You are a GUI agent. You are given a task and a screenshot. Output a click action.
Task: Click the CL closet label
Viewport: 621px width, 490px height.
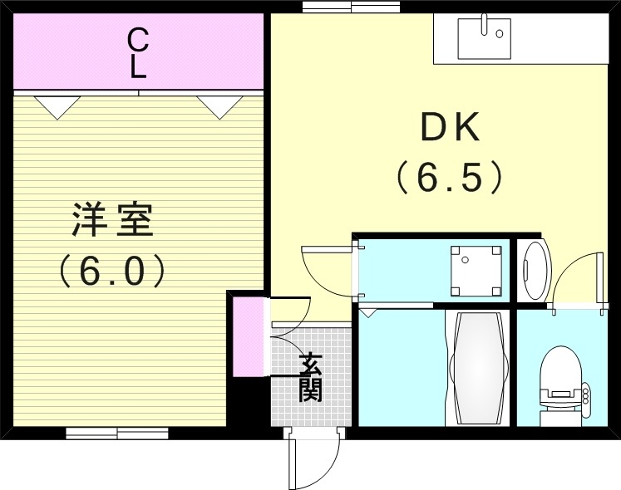pyautogui.click(x=138, y=52)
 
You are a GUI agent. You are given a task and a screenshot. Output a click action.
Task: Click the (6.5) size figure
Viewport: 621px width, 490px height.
pyautogui.click(x=449, y=177)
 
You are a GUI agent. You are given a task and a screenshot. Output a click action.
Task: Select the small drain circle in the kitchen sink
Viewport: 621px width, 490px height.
pyautogui.click(x=500, y=34)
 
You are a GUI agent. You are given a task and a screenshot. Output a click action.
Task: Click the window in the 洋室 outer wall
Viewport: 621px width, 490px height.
pyautogui.click(x=117, y=433)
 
